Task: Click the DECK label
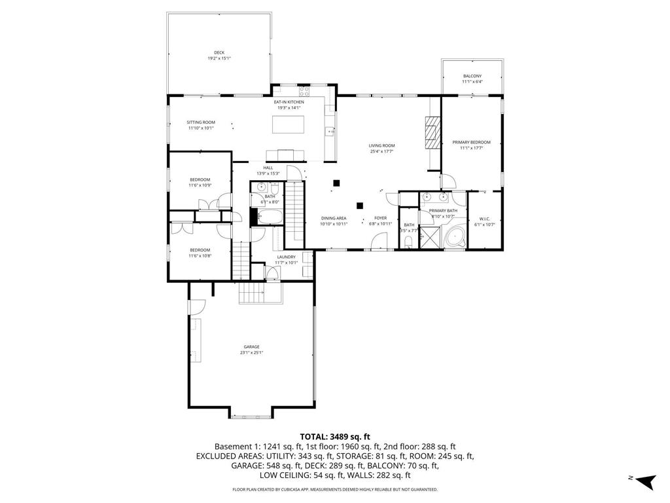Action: point(219,52)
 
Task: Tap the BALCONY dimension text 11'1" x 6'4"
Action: point(472,82)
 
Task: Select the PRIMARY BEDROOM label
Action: point(471,142)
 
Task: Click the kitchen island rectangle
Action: point(289,124)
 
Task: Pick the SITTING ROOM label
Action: point(200,122)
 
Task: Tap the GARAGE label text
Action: point(251,346)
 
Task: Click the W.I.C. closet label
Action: point(484,219)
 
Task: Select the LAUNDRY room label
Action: point(286,257)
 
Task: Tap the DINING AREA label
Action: point(333,218)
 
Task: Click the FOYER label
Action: point(380,218)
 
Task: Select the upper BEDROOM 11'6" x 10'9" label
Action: point(200,179)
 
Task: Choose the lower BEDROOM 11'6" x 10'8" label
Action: point(200,250)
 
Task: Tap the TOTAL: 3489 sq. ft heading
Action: point(335,436)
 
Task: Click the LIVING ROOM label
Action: point(382,145)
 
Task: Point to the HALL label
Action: point(268,168)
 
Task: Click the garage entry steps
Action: point(260,293)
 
